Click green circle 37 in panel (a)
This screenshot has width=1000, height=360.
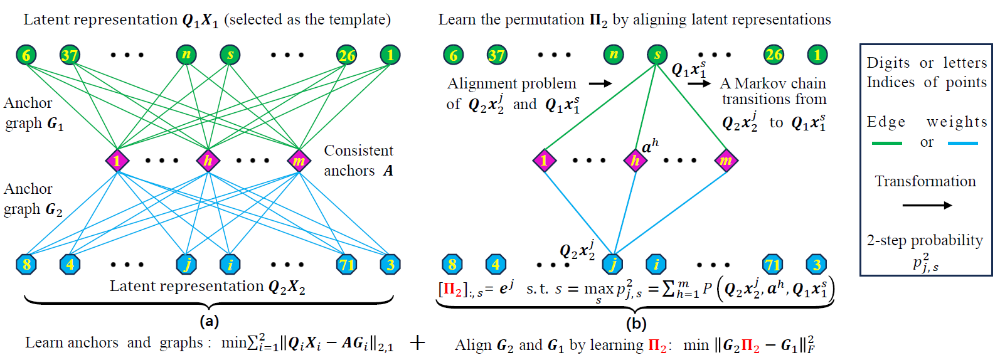(x=69, y=55)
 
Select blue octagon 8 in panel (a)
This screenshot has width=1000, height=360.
(x=26, y=264)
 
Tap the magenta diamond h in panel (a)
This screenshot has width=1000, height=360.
(x=208, y=161)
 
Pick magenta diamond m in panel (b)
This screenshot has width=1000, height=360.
(x=726, y=161)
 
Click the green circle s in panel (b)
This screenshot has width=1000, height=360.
(x=657, y=55)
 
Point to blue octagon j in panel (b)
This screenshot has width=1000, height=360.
(x=613, y=264)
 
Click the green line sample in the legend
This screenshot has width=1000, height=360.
(x=886, y=144)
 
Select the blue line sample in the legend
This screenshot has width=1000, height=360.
(x=962, y=144)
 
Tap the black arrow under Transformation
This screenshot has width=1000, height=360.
(x=927, y=205)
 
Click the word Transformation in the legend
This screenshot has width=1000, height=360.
(x=925, y=181)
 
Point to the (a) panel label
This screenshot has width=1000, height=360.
(x=209, y=322)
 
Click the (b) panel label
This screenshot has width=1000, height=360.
(x=636, y=324)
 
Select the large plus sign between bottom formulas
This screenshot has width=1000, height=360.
(x=417, y=342)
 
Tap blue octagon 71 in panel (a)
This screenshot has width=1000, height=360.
(x=346, y=264)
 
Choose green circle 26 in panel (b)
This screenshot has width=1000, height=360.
(x=774, y=55)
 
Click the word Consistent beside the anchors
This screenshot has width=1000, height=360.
(x=358, y=151)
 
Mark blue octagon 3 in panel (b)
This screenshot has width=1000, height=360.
(x=816, y=264)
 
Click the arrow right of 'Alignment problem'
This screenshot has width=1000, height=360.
(x=600, y=83)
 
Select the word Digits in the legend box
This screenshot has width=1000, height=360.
(x=888, y=63)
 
